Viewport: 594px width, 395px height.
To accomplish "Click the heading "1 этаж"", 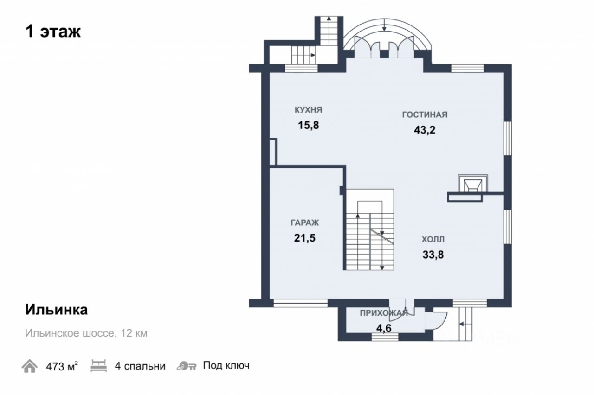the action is [x=53, y=32].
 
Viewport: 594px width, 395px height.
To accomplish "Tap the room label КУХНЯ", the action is [x=309, y=110].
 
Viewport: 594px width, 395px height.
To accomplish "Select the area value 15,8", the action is [x=309, y=125].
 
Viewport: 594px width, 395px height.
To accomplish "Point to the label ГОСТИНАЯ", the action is [x=425, y=115].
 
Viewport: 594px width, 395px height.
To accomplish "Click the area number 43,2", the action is [x=425, y=130].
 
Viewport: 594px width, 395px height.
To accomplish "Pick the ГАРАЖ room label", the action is [x=305, y=223].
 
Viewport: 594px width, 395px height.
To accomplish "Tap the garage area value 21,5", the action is [x=305, y=238].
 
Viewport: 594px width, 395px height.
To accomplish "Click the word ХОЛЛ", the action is [x=433, y=240].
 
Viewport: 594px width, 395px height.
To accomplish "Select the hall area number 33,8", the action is [x=433, y=255].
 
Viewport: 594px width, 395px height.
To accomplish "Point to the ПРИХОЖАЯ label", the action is [x=384, y=313].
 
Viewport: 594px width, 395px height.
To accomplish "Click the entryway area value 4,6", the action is [x=384, y=328].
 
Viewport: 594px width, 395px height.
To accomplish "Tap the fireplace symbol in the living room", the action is [x=473, y=183].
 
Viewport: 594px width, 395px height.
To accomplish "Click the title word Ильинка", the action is [x=57, y=310].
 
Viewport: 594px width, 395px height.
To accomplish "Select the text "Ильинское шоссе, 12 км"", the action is [x=86, y=333].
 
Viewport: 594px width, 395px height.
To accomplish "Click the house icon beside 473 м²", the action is [x=29, y=366].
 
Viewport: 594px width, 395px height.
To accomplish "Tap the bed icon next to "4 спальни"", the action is [x=99, y=366].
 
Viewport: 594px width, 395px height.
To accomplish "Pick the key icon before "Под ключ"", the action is [x=187, y=366].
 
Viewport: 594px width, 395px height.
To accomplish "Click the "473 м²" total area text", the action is [x=62, y=366].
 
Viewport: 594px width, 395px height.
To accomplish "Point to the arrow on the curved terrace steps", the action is [x=385, y=25].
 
